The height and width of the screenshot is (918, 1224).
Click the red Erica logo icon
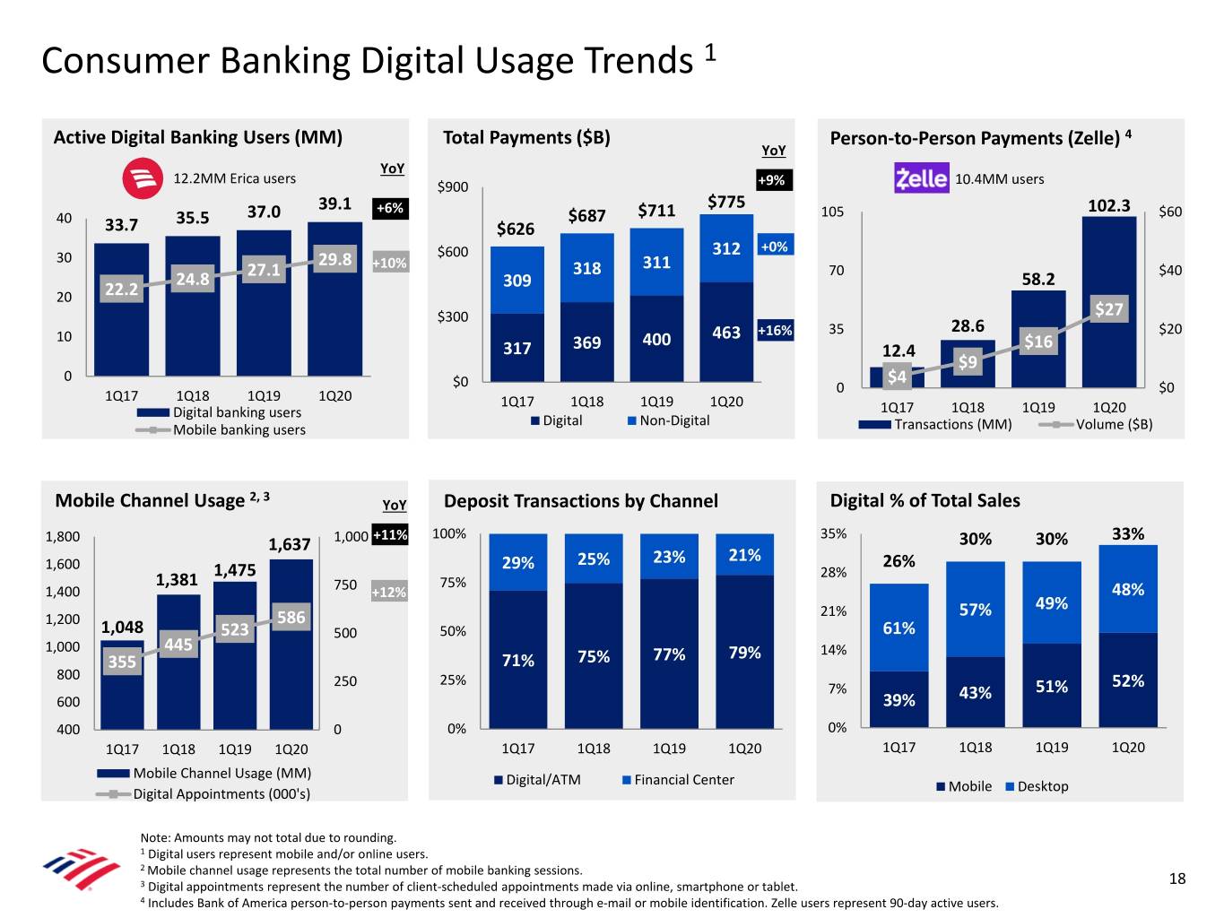[x=143, y=178]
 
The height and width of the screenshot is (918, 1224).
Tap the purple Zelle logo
[x=921, y=178]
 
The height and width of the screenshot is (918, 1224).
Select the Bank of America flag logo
[x=81, y=870]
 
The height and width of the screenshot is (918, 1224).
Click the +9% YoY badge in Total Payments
[x=771, y=180]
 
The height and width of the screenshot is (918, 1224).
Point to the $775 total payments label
[x=725, y=202]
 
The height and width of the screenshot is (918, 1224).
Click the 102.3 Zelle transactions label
[x=1108, y=205]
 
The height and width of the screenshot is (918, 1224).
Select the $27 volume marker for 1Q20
[x=1108, y=309]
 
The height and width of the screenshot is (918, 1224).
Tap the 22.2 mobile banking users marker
[x=121, y=289]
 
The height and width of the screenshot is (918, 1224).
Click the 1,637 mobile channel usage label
[x=290, y=544]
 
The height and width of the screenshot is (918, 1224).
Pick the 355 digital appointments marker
[x=121, y=662]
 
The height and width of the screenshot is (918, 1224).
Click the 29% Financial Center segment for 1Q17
[x=517, y=563]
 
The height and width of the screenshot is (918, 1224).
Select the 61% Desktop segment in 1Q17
[x=898, y=628]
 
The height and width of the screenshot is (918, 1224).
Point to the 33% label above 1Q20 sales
[x=1127, y=533]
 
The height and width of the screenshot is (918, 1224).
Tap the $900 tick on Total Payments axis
[x=452, y=186]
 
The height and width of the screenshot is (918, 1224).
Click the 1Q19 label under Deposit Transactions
[x=669, y=749]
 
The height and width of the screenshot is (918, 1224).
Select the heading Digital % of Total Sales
[x=925, y=500]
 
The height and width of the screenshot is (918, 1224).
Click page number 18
[x=1177, y=879]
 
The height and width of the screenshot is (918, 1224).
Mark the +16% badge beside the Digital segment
[x=776, y=330]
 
